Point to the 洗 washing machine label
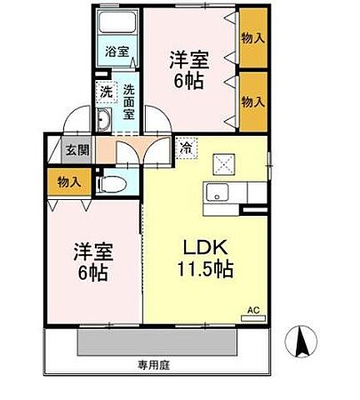click(106, 92)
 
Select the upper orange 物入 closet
click(252, 37)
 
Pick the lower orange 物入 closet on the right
click(252, 101)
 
